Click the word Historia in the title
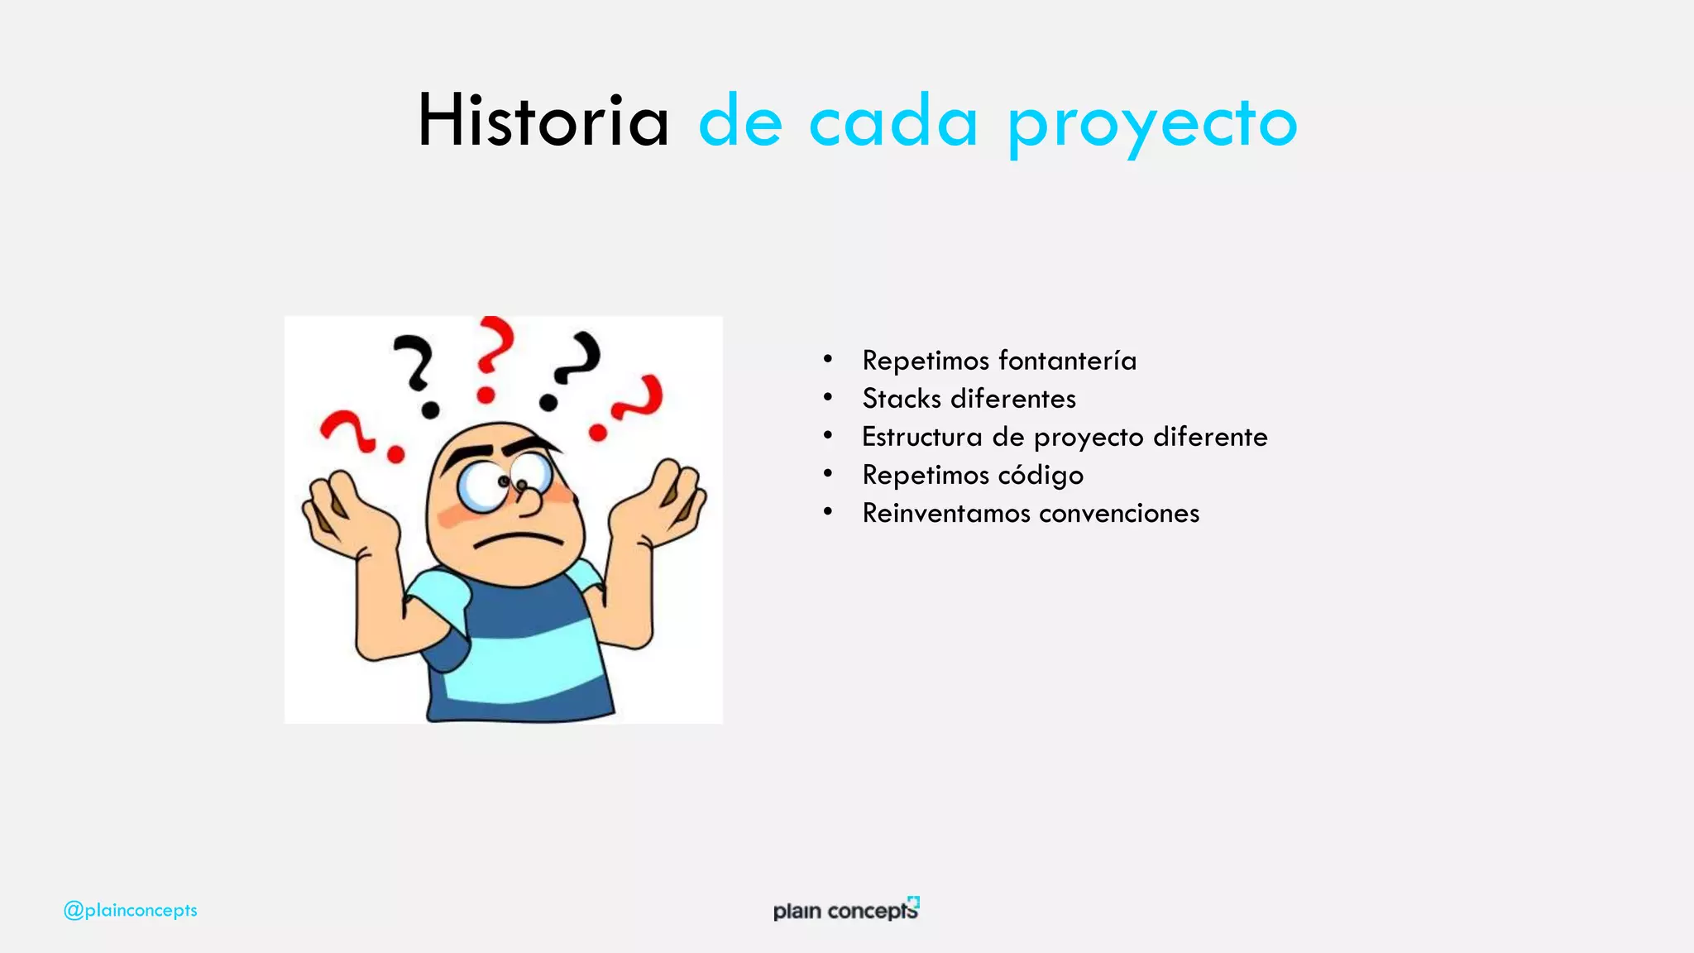coord(543,122)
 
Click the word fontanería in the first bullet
coord(1067,361)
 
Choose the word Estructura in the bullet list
coord(921,437)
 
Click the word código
coord(1041,476)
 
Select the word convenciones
coord(1118,513)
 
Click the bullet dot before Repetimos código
coord(827,474)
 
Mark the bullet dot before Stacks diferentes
coord(827,398)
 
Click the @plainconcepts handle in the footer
coord(131,910)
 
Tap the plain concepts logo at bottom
coord(845,910)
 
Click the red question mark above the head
coord(493,356)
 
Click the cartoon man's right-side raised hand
coord(662,505)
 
